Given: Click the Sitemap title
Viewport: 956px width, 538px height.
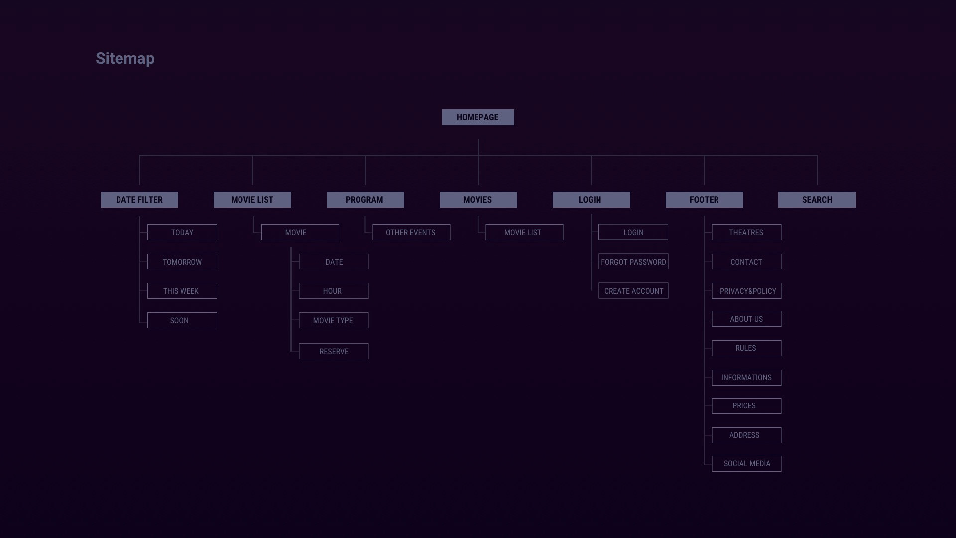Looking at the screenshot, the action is tap(125, 58).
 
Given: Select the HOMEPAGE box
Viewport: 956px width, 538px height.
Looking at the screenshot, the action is tap(478, 117).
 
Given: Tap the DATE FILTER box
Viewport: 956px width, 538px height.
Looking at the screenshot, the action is tap(139, 200).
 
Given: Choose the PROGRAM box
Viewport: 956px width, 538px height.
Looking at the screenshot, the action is tap(365, 200).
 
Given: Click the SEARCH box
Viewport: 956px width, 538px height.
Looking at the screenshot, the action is tap(817, 200).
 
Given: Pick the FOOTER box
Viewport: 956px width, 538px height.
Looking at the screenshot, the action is tap(704, 200).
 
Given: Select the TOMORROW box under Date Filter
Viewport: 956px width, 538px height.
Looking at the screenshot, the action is tap(182, 262).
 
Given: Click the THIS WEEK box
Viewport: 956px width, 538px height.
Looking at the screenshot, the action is tap(182, 291).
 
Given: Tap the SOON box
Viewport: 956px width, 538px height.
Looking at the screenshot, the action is tap(182, 320).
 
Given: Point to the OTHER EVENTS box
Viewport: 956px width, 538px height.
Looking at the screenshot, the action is tap(411, 232).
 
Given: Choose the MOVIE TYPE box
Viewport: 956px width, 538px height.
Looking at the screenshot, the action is tap(334, 320).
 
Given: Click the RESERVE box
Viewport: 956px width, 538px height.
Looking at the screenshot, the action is tap(334, 351).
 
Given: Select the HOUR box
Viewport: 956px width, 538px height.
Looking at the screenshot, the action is tap(334, 291).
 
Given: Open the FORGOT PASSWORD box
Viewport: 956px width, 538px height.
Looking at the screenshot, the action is tap(633, 262).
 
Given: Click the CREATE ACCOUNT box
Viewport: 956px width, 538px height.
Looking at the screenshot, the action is tap(633, 291).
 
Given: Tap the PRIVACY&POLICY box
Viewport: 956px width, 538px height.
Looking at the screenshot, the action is tap(746, 291).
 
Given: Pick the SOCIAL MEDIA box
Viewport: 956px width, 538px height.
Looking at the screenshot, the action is tap(746, 464).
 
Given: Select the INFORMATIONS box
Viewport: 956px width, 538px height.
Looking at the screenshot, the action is tap(746, 378).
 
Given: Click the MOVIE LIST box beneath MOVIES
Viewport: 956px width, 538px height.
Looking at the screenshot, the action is tap(524, 232).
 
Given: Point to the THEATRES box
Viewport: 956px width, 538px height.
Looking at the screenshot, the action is tap(746, 232).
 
